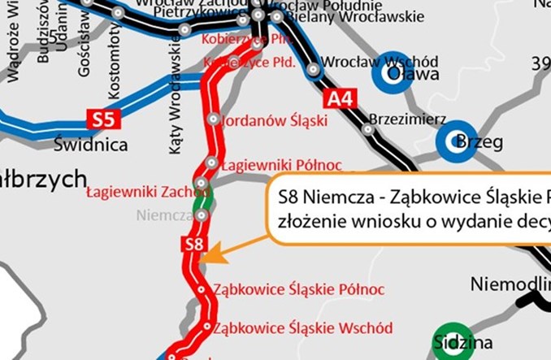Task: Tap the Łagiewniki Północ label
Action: pyautogui.click(x=282, y=165)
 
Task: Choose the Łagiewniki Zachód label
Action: pyautogui.click(x=142, y=192)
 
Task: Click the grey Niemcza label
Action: pyautogui.click(x=163, y=216)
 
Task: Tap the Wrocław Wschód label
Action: pyautogui.click(x=380, y=62)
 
